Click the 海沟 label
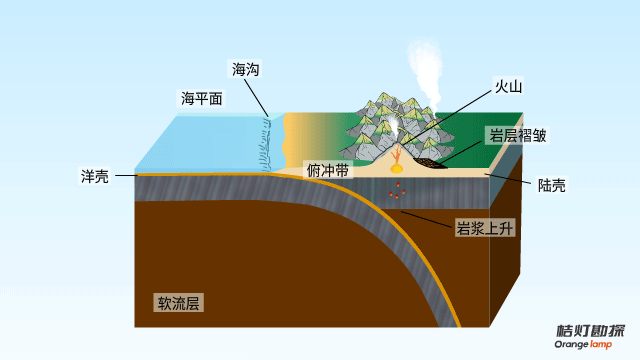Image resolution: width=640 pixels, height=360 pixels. pyautogui.click(x=245, y=69)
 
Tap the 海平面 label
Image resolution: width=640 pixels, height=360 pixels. pyautogui.click(x=202, y=98)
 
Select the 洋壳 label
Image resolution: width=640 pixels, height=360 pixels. pyautogui.click(x=94, y=177)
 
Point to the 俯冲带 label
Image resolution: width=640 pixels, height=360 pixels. pyautogui.click(x=328, y=170)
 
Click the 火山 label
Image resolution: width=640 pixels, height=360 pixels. pyautogui.click(x=508, y=87)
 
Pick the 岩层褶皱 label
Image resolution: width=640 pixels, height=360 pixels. pyautogui.click(x=518, y=135)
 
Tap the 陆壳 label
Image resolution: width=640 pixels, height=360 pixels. pyautogui.click(x=551, y=185)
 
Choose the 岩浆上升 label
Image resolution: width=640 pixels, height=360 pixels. pyautogui.click(x=484, y=228)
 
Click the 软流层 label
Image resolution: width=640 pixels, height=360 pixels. pyautogui.click(x=178, y=303)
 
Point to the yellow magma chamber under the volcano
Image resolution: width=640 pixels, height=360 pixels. pyautogui.click(x=396, y=168)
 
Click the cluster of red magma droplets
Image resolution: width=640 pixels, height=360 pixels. pyautogui.click(x=397, y=191)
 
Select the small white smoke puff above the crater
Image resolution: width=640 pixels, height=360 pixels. pyautogui.click(x=394, y=125)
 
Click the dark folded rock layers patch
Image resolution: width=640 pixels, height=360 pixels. pyautogui.click(x=429, y=163)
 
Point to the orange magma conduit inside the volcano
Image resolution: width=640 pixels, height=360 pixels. pyautogui.click(x=396, y=155)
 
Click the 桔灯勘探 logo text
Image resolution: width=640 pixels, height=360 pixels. pyautogui.click(x=591, y=331)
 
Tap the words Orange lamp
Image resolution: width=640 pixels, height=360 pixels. pyautogui.click(x=583, y=344)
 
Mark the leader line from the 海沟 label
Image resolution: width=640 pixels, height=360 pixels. pyautogui.click(x=256, y=98)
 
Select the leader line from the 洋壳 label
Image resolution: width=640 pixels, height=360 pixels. pyautogui.click(x=127, y=176)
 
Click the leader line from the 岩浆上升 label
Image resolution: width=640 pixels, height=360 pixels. pyautogui.click(x=427, y=219)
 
